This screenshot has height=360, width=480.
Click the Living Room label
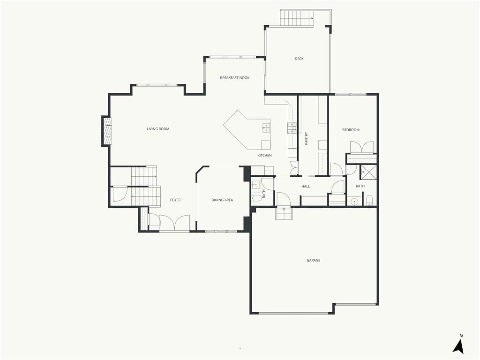pos(158,129)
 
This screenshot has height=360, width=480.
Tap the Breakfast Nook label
pos(235,78)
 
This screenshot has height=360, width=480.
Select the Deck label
pos(299,59)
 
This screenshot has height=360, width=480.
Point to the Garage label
pos(314,260)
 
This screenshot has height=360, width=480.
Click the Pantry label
pos(307,138)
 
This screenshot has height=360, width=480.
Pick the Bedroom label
pos(351,130)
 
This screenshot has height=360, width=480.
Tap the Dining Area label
pos(222,200)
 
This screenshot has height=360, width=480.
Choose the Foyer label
pos(175,200)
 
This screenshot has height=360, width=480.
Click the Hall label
pos(306,186)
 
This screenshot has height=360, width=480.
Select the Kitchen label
pos(264,156)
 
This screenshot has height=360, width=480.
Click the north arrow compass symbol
pos(458,345)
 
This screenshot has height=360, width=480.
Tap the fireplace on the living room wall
pos(107,131)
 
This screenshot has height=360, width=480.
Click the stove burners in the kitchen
pos(292,128)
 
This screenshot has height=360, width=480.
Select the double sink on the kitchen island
pos(266,127)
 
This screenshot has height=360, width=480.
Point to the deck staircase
pos(297,18)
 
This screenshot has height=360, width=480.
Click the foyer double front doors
pos(174,222)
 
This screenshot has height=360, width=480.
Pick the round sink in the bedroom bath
pos(354,202)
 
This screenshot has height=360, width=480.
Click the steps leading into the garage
pos(284,213)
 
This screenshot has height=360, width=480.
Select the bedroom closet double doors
pos(362,147)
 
